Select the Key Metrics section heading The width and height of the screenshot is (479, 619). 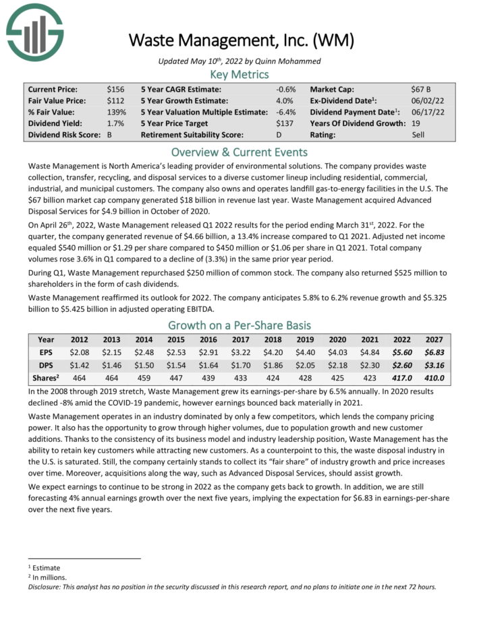coord(239,74)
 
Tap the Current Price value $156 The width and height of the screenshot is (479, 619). coord(115,89)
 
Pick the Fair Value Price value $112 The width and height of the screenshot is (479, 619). coord(115,100)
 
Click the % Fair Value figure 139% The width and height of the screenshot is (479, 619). coord(116,112)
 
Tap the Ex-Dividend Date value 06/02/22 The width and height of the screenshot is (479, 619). coord(426,100)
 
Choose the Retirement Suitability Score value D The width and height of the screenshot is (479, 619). coord(279,135)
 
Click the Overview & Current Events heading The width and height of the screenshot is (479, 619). coord(239,152)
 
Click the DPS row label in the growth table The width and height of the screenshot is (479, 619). coord(45,365)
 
